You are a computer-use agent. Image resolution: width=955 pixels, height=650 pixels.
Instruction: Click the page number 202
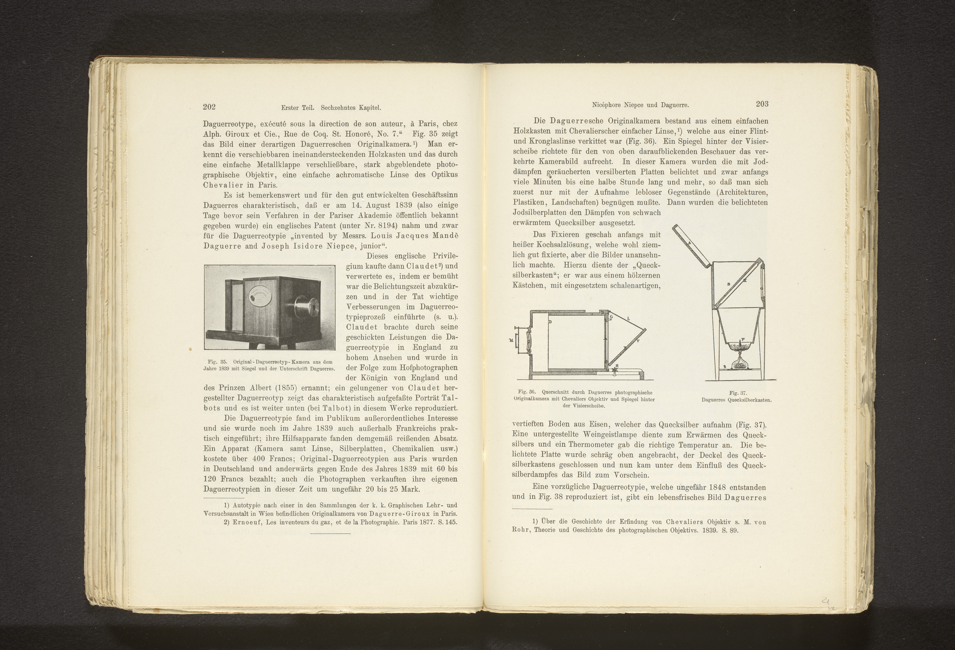click(209, 107)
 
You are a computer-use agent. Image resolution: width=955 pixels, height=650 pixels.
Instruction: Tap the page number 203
click(762, 104)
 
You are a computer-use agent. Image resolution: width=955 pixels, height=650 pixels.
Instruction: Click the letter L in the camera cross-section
click(628, 318)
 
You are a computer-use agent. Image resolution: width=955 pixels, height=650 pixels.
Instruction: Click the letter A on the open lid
click(689, 243)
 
